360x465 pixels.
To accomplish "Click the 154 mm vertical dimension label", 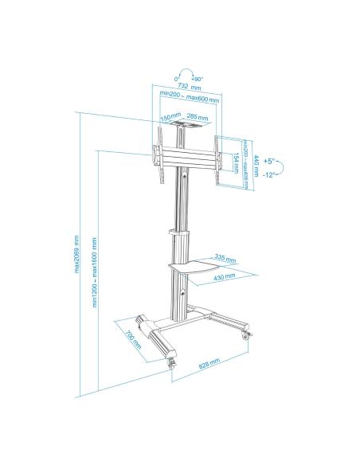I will (237, 162).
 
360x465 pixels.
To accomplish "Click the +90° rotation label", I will (196, 78).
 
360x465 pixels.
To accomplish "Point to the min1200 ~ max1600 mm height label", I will (95, 272).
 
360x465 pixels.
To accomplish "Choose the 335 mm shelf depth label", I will (225, 258).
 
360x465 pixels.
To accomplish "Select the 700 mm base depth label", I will (133, 338).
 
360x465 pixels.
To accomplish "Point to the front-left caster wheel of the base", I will (170, 362).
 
